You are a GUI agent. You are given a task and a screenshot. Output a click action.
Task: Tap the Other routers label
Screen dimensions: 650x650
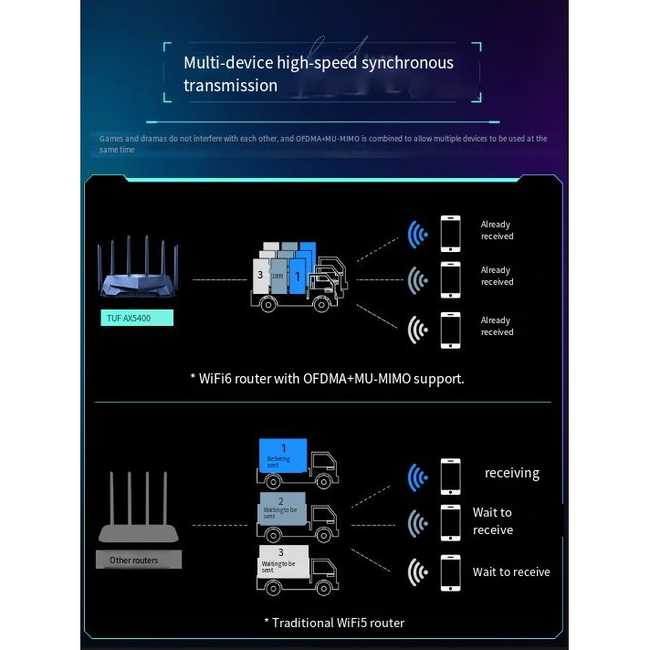point(134,560)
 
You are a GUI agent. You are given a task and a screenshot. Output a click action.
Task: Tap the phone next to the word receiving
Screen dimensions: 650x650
point(450,476)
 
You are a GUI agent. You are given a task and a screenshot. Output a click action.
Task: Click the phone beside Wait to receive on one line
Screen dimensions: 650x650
point(450,572)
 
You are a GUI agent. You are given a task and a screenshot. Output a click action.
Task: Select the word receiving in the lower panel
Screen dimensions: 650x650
point(512,473)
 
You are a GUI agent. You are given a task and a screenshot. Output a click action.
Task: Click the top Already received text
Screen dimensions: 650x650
point(497,230)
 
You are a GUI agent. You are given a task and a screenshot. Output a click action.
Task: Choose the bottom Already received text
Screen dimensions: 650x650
point(497,326)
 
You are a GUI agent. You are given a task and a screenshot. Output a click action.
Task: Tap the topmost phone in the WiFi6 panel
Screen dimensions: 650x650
point(450,233)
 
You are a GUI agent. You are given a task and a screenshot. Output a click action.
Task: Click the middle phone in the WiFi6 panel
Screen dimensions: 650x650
point(450,279)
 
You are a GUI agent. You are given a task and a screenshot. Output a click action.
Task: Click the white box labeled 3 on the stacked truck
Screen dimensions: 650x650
point(260,275)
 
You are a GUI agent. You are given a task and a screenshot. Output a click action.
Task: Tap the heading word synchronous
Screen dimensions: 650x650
point(407,63)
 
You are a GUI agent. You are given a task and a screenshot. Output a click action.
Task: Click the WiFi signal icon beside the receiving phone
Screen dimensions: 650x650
point(417,477)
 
